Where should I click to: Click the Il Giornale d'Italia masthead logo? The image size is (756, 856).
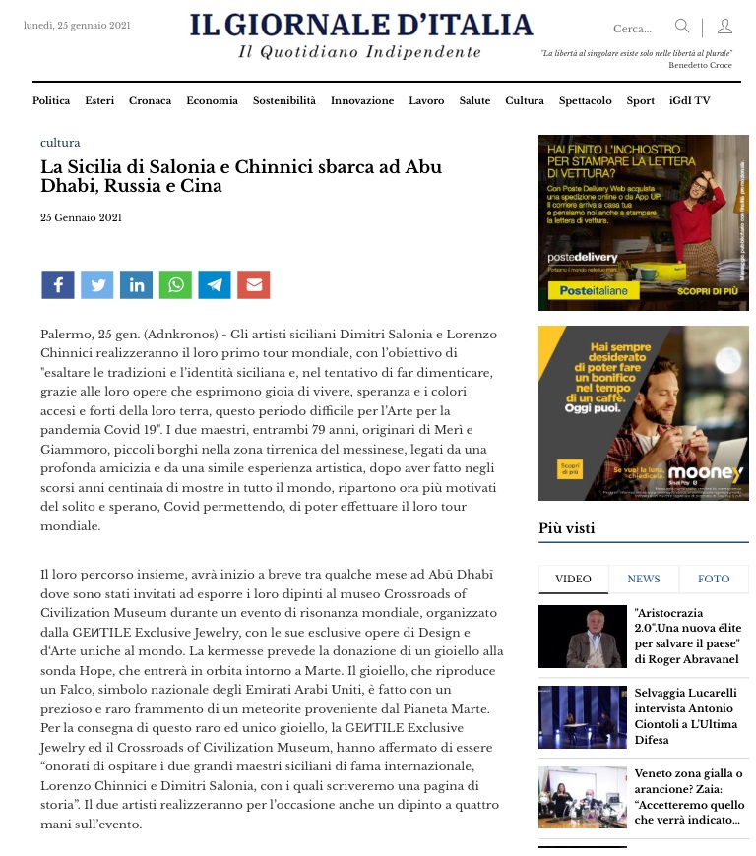tap(360, 26)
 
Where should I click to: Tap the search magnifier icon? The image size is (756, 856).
tap(682, 27)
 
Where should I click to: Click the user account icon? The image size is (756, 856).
tap(724, 27)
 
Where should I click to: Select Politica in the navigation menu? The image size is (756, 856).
tap(51, 100)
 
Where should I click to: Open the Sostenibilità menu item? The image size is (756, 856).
tap(283, 100)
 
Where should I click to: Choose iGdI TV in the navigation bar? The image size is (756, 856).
tap(689, 100)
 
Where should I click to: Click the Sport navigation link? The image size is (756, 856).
tap(640, 100)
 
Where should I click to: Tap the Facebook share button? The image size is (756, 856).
tap(58, 285)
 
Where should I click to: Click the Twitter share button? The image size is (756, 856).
tap(96, 285)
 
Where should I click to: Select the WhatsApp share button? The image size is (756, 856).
tap(175, 285)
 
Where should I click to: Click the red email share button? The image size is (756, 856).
tap(254, 285)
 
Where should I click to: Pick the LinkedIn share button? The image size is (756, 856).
tap(136, 285)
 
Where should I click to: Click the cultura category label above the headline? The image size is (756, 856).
tap(60, 143)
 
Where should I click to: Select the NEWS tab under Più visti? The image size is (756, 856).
tap(644, 579)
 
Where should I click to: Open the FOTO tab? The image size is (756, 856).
tap(714, 579)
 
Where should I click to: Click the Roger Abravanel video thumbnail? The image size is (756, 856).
tap(583, 637)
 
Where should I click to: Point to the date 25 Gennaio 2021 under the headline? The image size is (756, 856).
tap(82, 217)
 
